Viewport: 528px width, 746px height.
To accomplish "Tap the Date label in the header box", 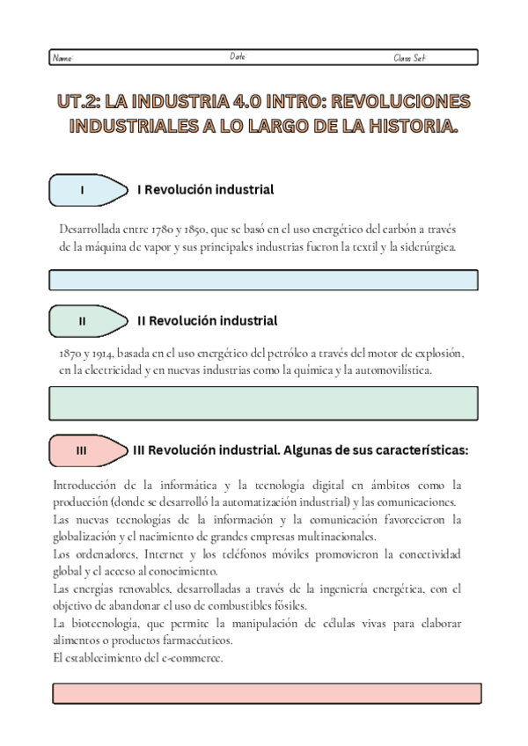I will click(x=238, y=56).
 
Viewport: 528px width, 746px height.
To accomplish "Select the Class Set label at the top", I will click(x=409, y=59).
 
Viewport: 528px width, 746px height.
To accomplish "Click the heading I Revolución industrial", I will click(x=206, y=190).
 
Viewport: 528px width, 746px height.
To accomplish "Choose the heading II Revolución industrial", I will click(x=208, y=321).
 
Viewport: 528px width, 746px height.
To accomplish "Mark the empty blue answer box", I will click(x=264, y=280).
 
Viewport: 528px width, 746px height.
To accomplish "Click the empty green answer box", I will click(x=264, y=403).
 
